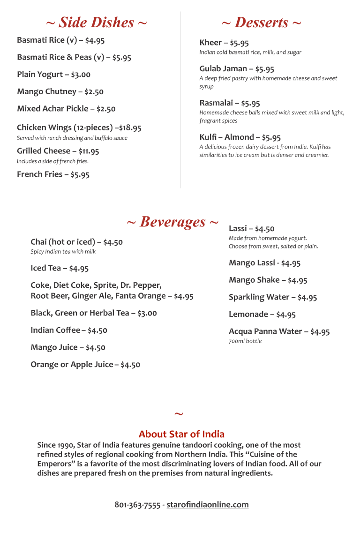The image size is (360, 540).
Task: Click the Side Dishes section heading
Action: (x=96, y=22)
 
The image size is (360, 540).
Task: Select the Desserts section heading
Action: (x=261, y=22)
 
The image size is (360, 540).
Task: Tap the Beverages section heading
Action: (x=172, y=222)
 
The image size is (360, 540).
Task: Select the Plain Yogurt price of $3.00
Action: (x=81, y=75)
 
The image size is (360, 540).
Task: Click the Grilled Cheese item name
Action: (x=44, y=151)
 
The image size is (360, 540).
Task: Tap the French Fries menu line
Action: (x=53, y=174)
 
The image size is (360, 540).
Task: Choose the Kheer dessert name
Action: (x=210, y=43)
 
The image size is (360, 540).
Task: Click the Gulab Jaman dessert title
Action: (x=223, y=68)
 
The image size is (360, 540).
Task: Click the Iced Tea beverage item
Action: (x=45, y=268)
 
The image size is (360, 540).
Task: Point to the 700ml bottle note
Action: (x=245, y=341)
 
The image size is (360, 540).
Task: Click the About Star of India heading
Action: (x=181, y=434)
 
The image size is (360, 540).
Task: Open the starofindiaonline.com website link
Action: (x=207, y=505)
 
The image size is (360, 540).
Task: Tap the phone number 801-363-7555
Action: (x=137, y=505)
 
